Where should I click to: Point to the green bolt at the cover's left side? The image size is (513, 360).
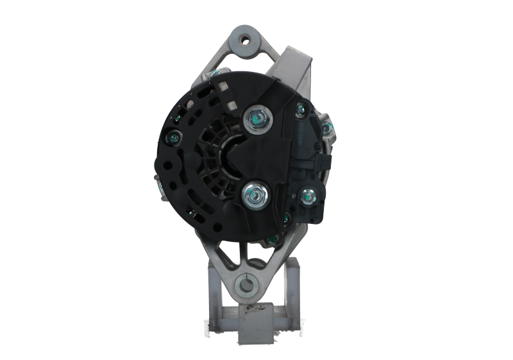pyautogui.click(x=173, y=137)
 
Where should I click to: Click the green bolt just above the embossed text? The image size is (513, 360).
pyautogui.click(x=299, y=113)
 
